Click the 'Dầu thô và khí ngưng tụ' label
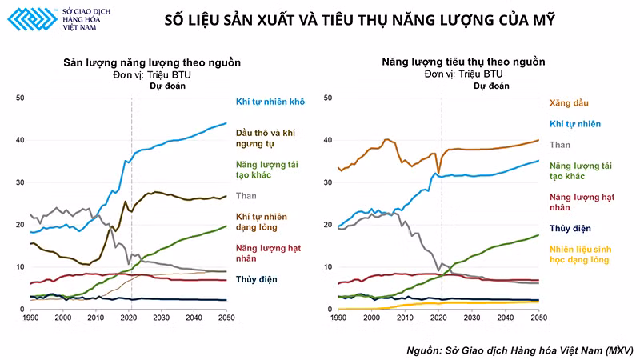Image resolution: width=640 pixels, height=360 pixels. pyautogui.click(x=270, y=138)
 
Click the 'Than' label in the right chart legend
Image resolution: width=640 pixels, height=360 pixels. pyautogui.click(x=559, y=145)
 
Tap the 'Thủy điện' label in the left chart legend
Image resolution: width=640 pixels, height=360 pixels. pyautogui.click(x=257, y=280)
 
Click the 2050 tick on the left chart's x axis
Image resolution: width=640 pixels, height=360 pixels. pyautogui.click(x=227, y=318)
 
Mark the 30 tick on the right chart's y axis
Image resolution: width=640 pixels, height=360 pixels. pyautogui.click(x=326, y=182)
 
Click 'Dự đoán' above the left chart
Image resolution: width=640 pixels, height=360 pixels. pyautogui.click(x=168, y=86)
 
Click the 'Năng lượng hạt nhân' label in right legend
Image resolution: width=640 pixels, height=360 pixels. pyautogui.click(x=580, y=201)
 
